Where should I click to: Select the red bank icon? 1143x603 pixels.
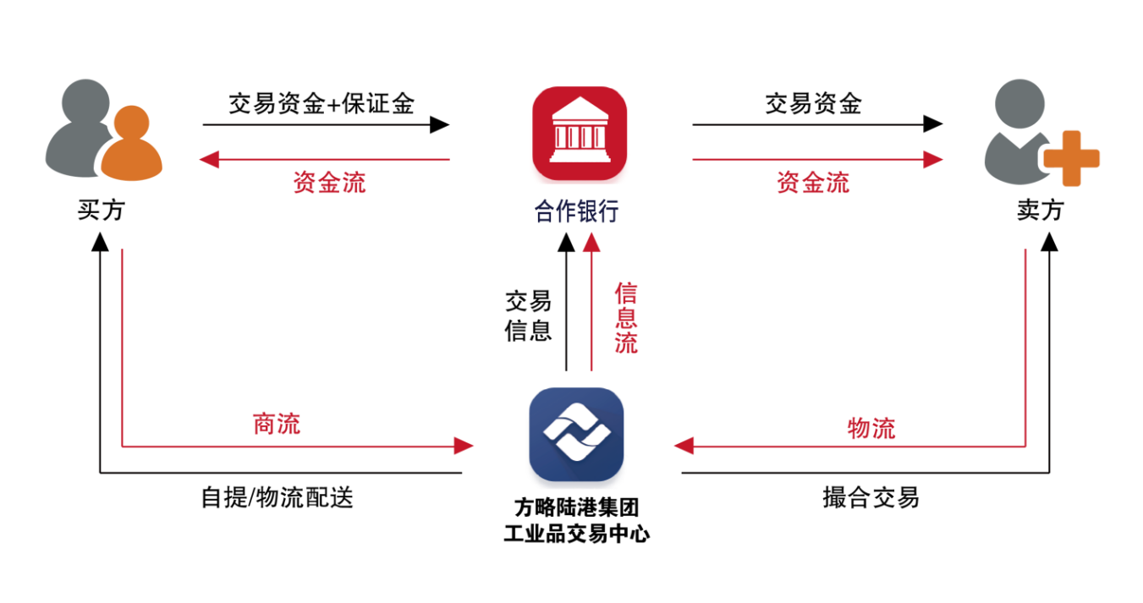(x=580, y=135)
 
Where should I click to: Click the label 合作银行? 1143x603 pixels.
(x=576, y=211)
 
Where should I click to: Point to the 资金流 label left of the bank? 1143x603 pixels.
(x=330, y=183)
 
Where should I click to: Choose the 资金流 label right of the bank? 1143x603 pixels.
(x=813, y=183)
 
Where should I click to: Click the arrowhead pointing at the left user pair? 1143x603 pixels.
(x=208, y=159)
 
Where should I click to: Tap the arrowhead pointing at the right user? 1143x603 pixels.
(x=933, y=159)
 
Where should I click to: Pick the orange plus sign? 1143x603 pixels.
(x=1071, y=158)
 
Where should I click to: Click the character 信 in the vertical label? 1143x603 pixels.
(x=626, y=293)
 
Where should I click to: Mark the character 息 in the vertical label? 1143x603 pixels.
(x=626, y=318)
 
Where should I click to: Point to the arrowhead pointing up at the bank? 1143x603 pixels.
(x=591, y=243)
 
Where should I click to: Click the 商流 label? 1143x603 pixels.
(x=277, y=424)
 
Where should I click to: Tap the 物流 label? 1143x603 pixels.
(x=871, y=428)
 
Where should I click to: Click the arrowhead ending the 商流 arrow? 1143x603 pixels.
(x=464, y=446)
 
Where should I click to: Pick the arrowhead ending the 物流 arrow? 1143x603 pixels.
(x=684, y=446)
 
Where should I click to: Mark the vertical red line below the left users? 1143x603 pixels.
(x=123, y=347)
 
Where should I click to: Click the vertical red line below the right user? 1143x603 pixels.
(x=1025, y=347)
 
